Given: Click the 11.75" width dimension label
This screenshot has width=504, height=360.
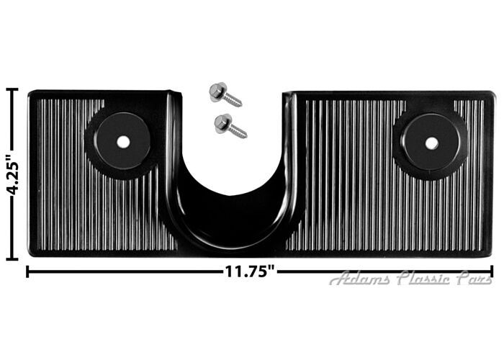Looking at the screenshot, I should [x=249, y=272].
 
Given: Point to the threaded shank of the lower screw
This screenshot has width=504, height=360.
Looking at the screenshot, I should [x=237, y=131].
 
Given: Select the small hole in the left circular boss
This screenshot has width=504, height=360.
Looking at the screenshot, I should [x=123, y=142].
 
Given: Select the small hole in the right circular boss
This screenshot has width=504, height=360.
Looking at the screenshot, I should [x=431, y=143].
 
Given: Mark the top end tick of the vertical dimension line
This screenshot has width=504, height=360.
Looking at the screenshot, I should [x=12, y=89].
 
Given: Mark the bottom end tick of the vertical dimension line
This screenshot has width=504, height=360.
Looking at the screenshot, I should [x=12, y=258].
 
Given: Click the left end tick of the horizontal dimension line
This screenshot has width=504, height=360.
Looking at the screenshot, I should [x=27, y=271].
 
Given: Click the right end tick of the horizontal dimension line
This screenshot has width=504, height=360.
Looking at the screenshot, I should [x=492, y=271].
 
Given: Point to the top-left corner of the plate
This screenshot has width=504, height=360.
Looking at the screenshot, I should [x=30, y=93].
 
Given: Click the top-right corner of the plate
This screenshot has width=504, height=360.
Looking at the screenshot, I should [x=492, y=94].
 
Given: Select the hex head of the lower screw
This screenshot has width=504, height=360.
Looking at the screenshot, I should [x=222, y=122].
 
